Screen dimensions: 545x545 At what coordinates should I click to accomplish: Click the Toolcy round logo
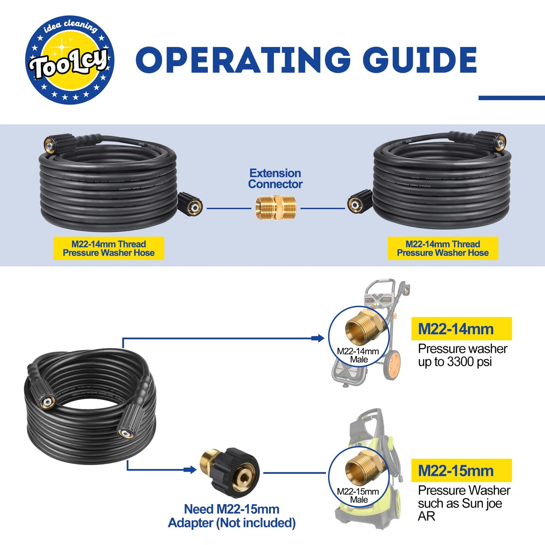(x=69, y=60)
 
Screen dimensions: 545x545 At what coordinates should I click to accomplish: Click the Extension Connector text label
(x=275, y=178)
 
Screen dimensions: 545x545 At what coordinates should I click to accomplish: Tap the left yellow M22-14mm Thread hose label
(x=109, y=248)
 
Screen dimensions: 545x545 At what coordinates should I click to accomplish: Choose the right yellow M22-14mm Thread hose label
(x=443, y=248)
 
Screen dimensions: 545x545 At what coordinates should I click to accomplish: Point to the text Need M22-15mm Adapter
(x=232, y=516)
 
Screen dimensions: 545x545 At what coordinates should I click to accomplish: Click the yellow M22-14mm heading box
(x=461, y=329)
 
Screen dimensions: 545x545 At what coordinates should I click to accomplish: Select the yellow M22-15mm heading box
(x=461, y=470)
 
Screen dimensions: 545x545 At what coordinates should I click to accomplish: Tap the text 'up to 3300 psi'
(x=455, y=362)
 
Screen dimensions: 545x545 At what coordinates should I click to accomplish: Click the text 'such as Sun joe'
(x=460, y=504)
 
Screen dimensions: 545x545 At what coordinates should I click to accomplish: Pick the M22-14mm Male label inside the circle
(x=358, y=355)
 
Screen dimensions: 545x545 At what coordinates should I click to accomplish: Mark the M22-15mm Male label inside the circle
(x=358, y=496)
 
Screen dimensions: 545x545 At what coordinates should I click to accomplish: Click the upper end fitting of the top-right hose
(x=492, y=141)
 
